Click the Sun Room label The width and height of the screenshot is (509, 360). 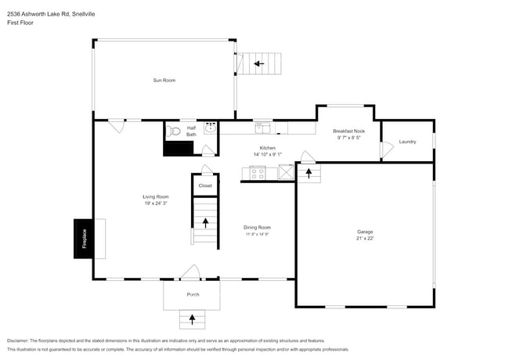(x=164, y=80)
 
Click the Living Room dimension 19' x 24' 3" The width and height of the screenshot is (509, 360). (x=155, y=203)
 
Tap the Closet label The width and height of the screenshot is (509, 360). (x=204, y=185)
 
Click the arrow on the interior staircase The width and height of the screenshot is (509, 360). (x=206, y=222)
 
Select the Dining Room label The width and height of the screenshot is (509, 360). (x=256, y=227)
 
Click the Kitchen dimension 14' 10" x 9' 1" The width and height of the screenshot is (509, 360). (x=268, y=154)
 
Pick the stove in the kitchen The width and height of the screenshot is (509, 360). (x=260, y=173)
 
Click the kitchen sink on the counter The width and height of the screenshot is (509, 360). (x=262, y=127)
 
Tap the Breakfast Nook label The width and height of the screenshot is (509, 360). (x=348, y=131)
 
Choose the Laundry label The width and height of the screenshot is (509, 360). (x=407, y=142)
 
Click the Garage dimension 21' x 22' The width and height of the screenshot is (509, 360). (x=364, y=239)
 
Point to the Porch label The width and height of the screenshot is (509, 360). (x=193, y=294)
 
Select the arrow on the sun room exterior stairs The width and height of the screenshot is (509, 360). (x=258, y=63)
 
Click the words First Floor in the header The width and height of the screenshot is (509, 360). (x=21, y=23)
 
